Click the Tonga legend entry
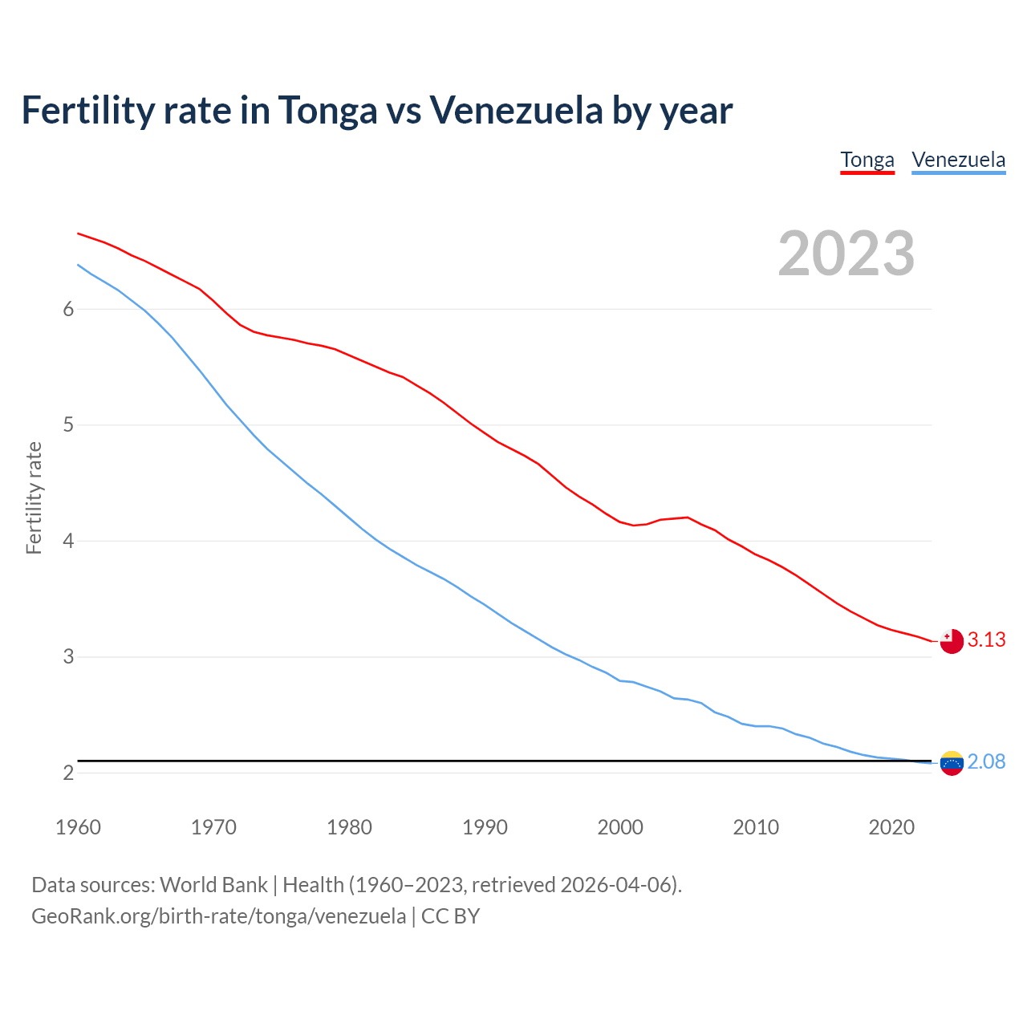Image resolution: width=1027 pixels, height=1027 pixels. coord(867,160)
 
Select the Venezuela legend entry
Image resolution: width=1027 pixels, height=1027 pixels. coord(958,160)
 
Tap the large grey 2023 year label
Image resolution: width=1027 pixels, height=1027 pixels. coord(846,254)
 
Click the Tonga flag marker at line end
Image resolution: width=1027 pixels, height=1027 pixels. coord(952,641)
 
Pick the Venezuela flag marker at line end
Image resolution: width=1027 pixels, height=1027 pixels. coord(952,763)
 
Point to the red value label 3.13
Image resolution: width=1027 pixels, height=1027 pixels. coord(986,640)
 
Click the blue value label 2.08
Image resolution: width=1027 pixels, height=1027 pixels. coord(986,762)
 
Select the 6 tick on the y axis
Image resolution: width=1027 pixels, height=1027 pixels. coord(68,310)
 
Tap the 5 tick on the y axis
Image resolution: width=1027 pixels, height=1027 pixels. coord(68,425)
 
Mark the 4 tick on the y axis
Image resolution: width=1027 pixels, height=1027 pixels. coord(68,542)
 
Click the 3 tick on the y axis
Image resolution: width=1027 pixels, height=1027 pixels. coord(68,657)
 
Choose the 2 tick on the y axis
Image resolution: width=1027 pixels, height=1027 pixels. coord(68,773)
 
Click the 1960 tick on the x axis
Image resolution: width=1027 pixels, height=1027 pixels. coord(78,827)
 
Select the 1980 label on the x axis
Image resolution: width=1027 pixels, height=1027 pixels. coord(349,827)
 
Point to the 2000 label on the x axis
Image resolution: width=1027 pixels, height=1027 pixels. coord(620,827)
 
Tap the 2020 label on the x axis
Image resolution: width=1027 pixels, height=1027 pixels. coord(891,827)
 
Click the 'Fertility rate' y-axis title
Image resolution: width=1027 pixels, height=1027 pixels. coord(34,497)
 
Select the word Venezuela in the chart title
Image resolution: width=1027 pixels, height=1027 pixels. coord(516,111)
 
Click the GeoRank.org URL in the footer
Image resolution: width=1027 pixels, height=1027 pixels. coord(218,916)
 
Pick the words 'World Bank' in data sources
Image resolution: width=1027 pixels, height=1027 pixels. coord(213,885)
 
